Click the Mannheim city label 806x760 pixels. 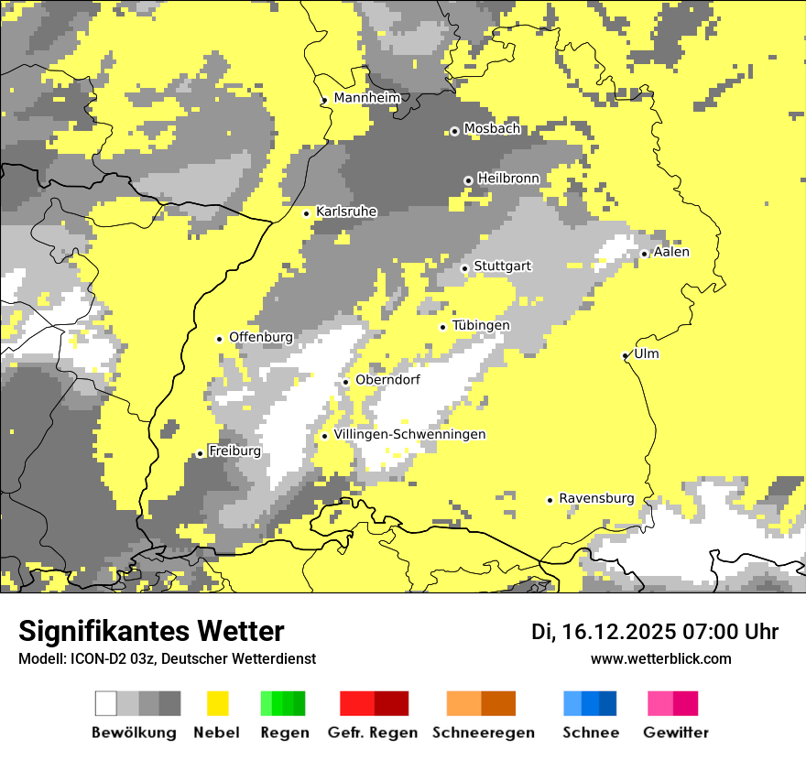click(x=367, y=98)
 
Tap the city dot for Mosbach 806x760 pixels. click(x=454, y=131)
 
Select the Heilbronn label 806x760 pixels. click(x=508, y=178)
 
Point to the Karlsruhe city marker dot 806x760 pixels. click(x=307, y=213)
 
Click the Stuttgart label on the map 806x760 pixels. click(x=502, y=266)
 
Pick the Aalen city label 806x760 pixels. click(x=671, y=252)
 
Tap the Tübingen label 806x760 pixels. click(x=481, y=325)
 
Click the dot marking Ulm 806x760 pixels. click(x=626, y=355)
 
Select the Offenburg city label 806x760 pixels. click(x=261, y=337)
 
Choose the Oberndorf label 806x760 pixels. click(x=387, y=379)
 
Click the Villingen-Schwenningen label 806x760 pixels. click(x=409, y=434)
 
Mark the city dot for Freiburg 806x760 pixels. click(x=200, y=453)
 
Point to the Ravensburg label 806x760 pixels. click(x=596, y=498)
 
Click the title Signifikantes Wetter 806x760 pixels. click(x=151, y=631)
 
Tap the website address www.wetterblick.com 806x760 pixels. click(x=660, y=658)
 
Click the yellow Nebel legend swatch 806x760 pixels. click(x=217, y=703)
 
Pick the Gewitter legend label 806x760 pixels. click(x=676, y=733)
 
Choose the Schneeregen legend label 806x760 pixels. click(x=484, y=733)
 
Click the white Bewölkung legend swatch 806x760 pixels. click(x=106, y=703)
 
